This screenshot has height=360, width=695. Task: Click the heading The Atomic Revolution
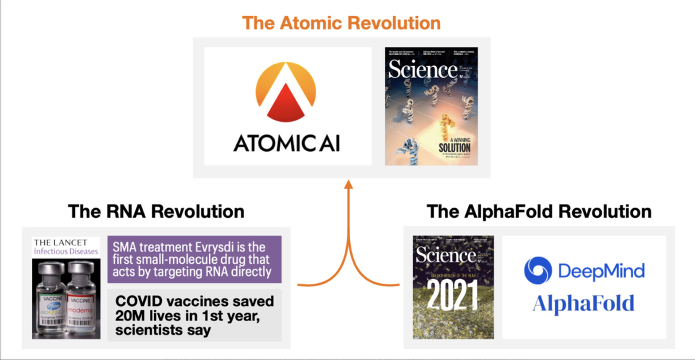point(341,23)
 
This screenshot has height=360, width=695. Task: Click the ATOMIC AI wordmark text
point(287,143)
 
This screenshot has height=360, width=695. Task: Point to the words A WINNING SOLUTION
point(454,142)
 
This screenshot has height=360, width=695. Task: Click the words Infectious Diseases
point(65,251)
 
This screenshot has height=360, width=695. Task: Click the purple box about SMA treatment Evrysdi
point(194,259)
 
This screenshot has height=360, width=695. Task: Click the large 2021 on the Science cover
point(453,295)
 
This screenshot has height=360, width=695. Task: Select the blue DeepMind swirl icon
point(538,271)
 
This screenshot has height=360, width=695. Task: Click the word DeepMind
point(601,271)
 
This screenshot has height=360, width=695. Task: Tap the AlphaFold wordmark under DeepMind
point(583,304)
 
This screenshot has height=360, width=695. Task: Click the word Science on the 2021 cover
point(446,255)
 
